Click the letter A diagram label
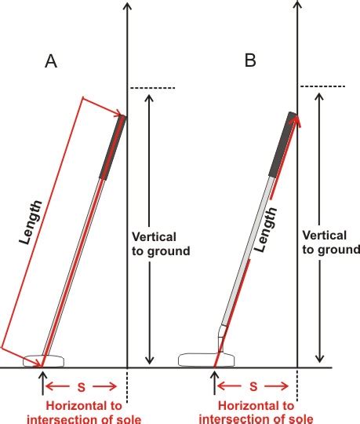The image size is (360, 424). point(51,61)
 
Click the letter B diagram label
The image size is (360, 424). point(250,60)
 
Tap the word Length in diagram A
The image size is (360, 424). point(31,222)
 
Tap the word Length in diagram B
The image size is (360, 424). point(266,229)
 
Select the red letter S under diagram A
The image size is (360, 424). point(82,387)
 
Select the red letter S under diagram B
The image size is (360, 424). point(253,386)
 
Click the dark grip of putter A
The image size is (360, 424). point(113,147)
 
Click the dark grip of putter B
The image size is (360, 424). point(283,144)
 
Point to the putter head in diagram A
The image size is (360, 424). point(44,360)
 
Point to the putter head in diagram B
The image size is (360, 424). point(206,360)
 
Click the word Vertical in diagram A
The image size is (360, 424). point(154,237)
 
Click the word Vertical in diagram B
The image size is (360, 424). point(325,235)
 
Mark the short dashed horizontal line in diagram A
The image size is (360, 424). point(153,88)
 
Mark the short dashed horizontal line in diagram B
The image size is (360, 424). point(322,86)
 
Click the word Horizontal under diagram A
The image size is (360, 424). point(84,406)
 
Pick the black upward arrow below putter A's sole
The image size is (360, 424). point(42,383)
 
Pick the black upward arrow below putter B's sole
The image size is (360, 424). point(214,383)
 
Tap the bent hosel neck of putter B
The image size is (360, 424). point(222,338)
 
